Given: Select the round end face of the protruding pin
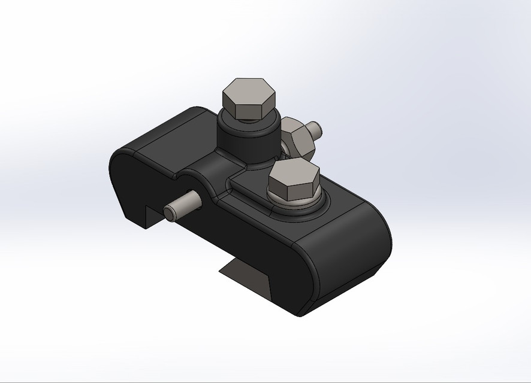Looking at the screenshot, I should coord(170,212).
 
